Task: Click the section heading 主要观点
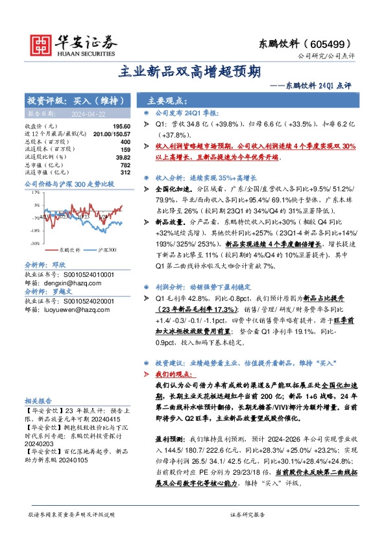point(167,101)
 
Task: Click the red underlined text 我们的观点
point(166,375)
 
